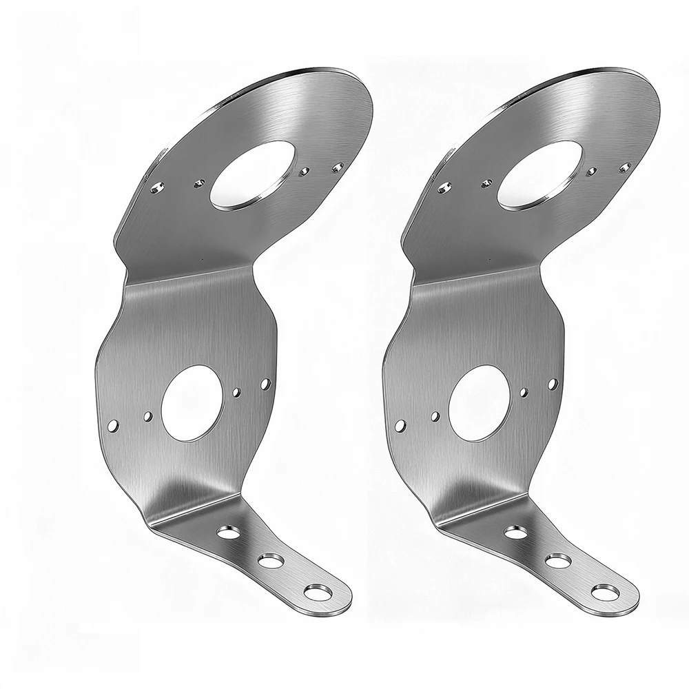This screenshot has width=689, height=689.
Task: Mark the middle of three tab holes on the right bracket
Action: click(555, 559)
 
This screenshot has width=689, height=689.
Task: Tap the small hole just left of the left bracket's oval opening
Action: click(199, 182)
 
